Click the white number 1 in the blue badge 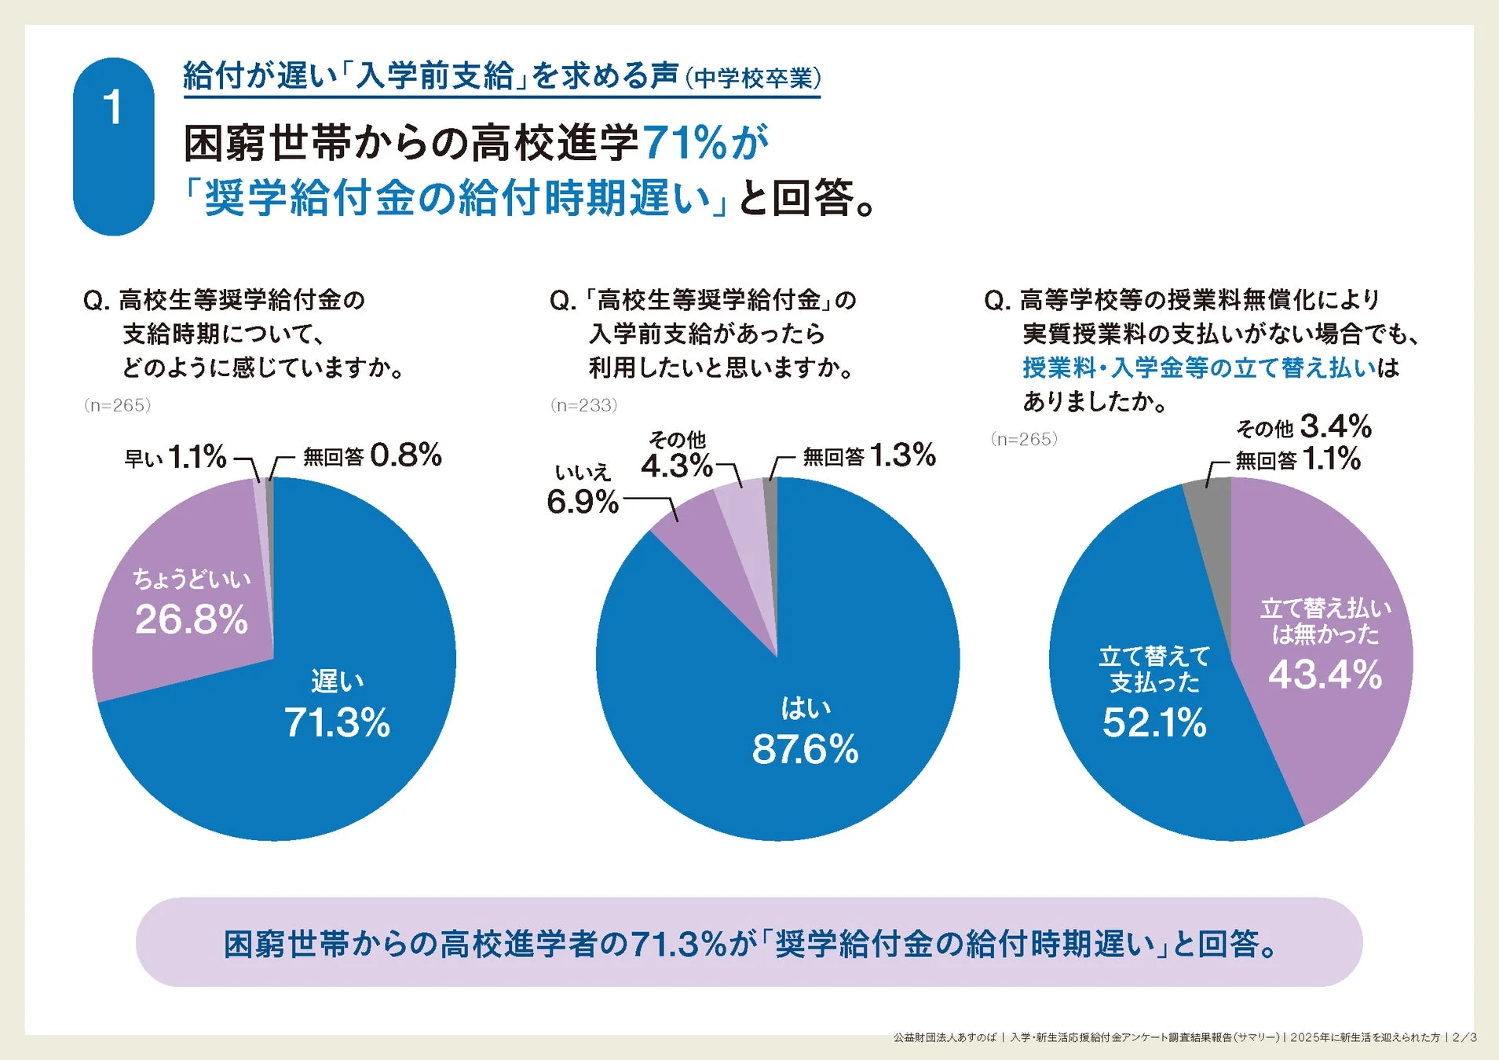113,108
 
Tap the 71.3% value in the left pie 336,722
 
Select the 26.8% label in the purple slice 191,619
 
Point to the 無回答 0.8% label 372,455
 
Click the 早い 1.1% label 175,457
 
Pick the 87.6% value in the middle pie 805,748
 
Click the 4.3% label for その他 676,466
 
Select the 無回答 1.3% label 868,455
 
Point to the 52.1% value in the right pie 1153,722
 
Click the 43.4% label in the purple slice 1325,674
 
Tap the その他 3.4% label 1303,427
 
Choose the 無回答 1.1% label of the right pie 1297,459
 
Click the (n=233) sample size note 583,405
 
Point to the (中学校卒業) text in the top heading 752,79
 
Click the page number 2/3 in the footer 1464,1037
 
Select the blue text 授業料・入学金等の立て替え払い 1199,367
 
